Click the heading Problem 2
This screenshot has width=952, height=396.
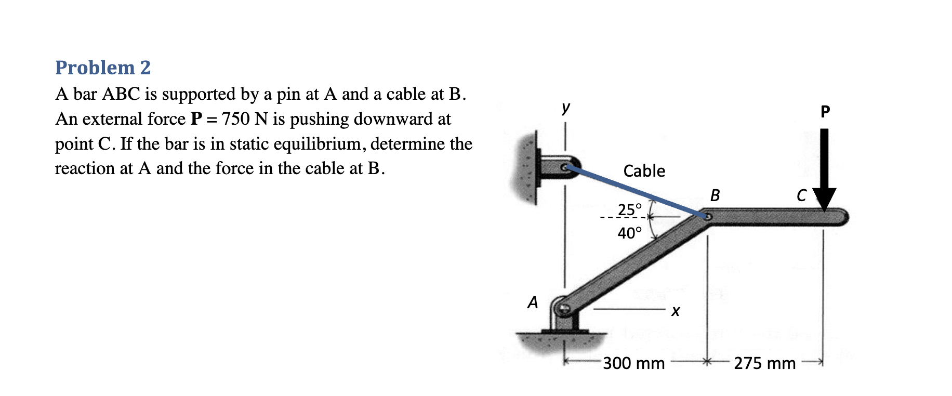coord(103,68)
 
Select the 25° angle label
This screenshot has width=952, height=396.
coord(629,209)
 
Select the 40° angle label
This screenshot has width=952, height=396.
coord(629,233)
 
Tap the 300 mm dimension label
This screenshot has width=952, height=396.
coord(633,363)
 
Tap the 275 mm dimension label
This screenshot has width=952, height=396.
coord(764,363)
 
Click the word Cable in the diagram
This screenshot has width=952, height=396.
coord(644,171)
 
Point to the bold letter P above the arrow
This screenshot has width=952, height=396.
coord(825,111)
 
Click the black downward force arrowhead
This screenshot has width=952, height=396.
coord(824,199)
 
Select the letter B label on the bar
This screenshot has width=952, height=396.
coord(715,195)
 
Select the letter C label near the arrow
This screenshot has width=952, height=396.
coord(801,195)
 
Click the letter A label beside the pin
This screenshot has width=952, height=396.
coord(533,302)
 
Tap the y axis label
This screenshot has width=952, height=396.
coord(566,108)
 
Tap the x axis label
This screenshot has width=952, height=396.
coord(675,311)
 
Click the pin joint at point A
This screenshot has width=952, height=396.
coord(564,309)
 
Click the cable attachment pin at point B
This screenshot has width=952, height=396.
coord(707,217)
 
